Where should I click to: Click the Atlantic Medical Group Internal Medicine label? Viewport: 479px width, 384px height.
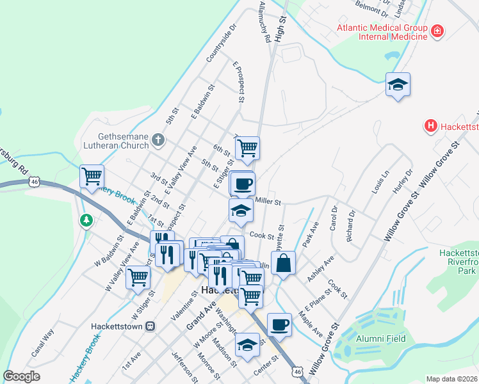pos(383,32)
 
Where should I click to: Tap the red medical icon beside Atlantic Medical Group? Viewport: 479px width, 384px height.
pos(437,30)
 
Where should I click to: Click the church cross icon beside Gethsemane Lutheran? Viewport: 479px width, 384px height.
pos(158,140)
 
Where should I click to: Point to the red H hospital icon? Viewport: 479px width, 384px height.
pos(431,126)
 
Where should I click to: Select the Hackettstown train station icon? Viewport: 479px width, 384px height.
pos(151,325)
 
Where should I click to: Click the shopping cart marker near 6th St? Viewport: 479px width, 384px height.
pos(247,148)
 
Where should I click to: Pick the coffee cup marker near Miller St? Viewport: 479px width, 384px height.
pos(242,184)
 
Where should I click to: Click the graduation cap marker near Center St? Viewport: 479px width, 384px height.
pos(247,345)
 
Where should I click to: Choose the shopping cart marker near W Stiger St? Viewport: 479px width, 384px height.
pos(138,277)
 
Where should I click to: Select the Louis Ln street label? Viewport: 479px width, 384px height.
pos(380,182)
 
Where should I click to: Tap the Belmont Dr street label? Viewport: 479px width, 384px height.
pos(372,10)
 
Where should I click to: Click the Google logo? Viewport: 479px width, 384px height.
pos(22,376)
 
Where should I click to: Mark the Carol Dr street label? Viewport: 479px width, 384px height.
pos(334,219)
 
